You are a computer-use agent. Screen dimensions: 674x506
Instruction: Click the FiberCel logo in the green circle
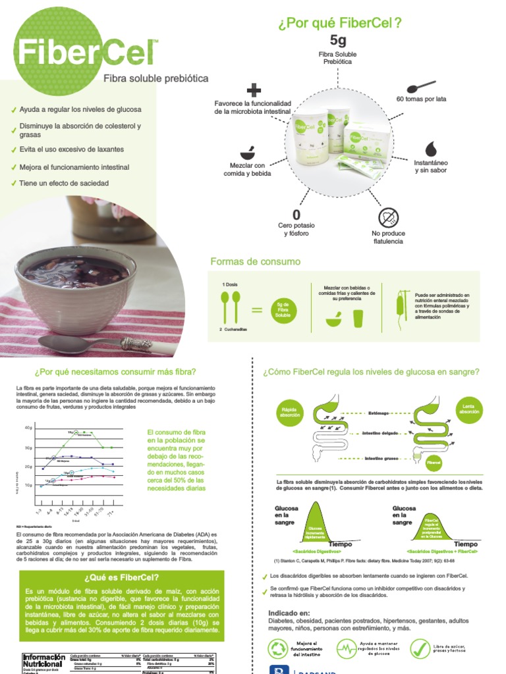[78, 51]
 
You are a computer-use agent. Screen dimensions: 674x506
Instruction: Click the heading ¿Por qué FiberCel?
[341, 24]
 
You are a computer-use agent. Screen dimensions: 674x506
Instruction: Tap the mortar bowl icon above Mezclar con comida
[247, 151]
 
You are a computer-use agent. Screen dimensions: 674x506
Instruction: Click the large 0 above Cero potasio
[296, 215]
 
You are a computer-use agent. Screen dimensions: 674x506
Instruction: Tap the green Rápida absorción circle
[290, 411]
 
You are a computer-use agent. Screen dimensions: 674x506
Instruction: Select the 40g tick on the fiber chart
[29, 428]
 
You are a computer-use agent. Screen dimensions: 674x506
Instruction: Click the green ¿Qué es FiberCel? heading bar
[119, 577]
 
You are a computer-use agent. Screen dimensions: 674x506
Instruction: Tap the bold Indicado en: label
[288, 613]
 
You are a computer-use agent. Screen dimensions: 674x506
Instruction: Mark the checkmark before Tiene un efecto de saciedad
[14, 184]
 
